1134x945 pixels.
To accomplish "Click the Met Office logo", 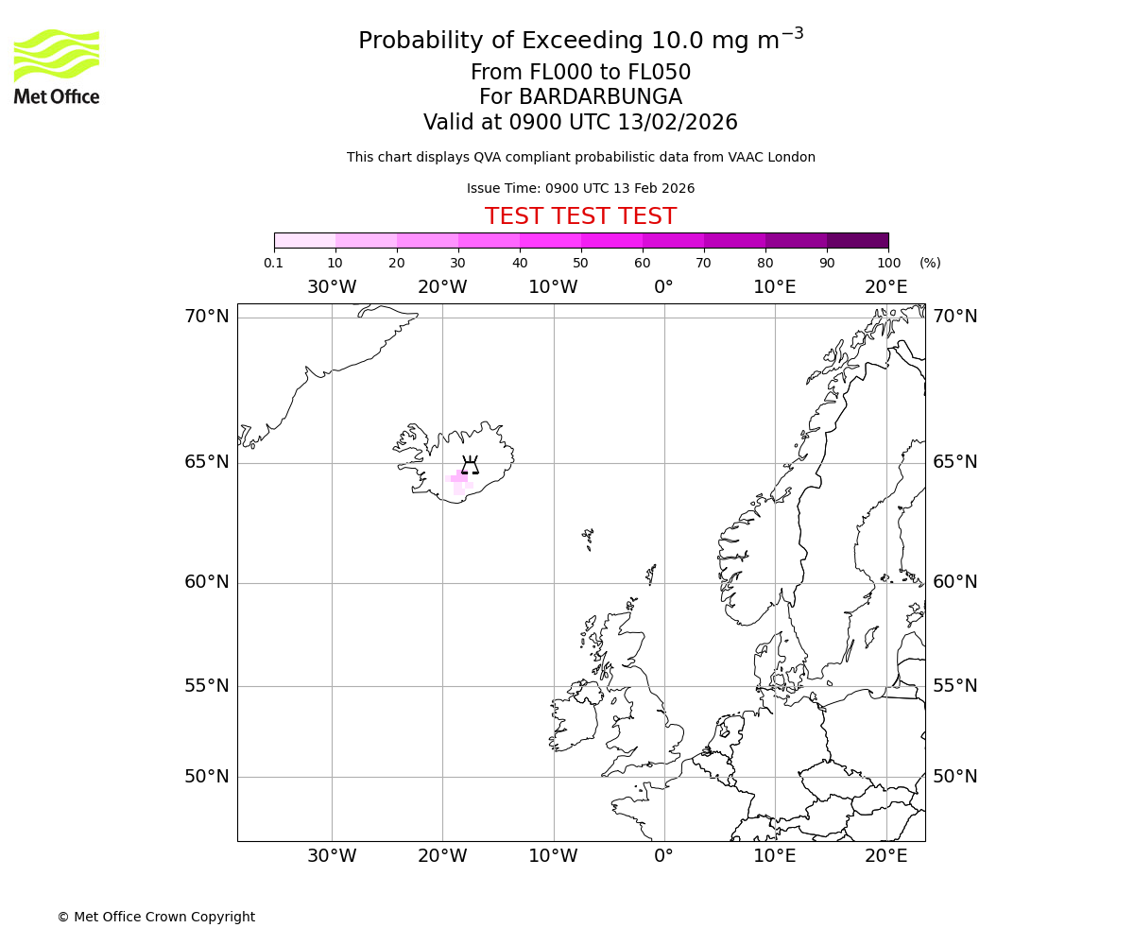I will pyautogui.click(x=57, y=66).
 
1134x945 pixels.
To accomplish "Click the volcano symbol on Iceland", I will pyautogui.click(x=470, y=464).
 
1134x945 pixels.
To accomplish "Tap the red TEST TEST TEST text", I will pyautogui.click(x=580, y=216).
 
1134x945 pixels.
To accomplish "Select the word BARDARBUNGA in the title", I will pyautogui.click(x=600, y=97).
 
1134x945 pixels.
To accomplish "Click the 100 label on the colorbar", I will pyautogui.click(x=888, y=263).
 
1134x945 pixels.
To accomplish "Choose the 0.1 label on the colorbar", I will pyautogui.click(x=273, y=263).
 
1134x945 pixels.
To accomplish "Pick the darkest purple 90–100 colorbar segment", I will pyautogui.click(x=857, y=240).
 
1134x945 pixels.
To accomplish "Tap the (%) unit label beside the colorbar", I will pyautogui.click(x=930, y=263).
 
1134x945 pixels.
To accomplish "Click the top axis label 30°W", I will pyautogui.click(x=332, y=287).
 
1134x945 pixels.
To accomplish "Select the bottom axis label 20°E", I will pyautogui.click(x=885, y=856).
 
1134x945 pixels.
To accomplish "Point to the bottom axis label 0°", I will pyautogui.click(x=663, y=856).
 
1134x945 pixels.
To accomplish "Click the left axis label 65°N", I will pyautogui.click(x=207, y=462).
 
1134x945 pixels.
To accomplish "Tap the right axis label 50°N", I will pyautogui.click(x=955, y=777).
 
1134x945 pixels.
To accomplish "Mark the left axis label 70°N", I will pyautogui.click(x=207, y=317).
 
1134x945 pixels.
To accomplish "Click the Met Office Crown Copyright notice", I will pyautogui.click(x=156, y=917).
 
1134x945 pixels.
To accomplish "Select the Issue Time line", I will pyautogui.click(x=580, y=188).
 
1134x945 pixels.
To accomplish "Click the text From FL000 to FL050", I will pyautogui.click(x=580, y=73).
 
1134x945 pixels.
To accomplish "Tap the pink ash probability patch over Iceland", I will pyautogui.click(x=458, y=480).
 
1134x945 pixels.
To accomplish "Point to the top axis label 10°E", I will pyautogui.click(x=774, y=287).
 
